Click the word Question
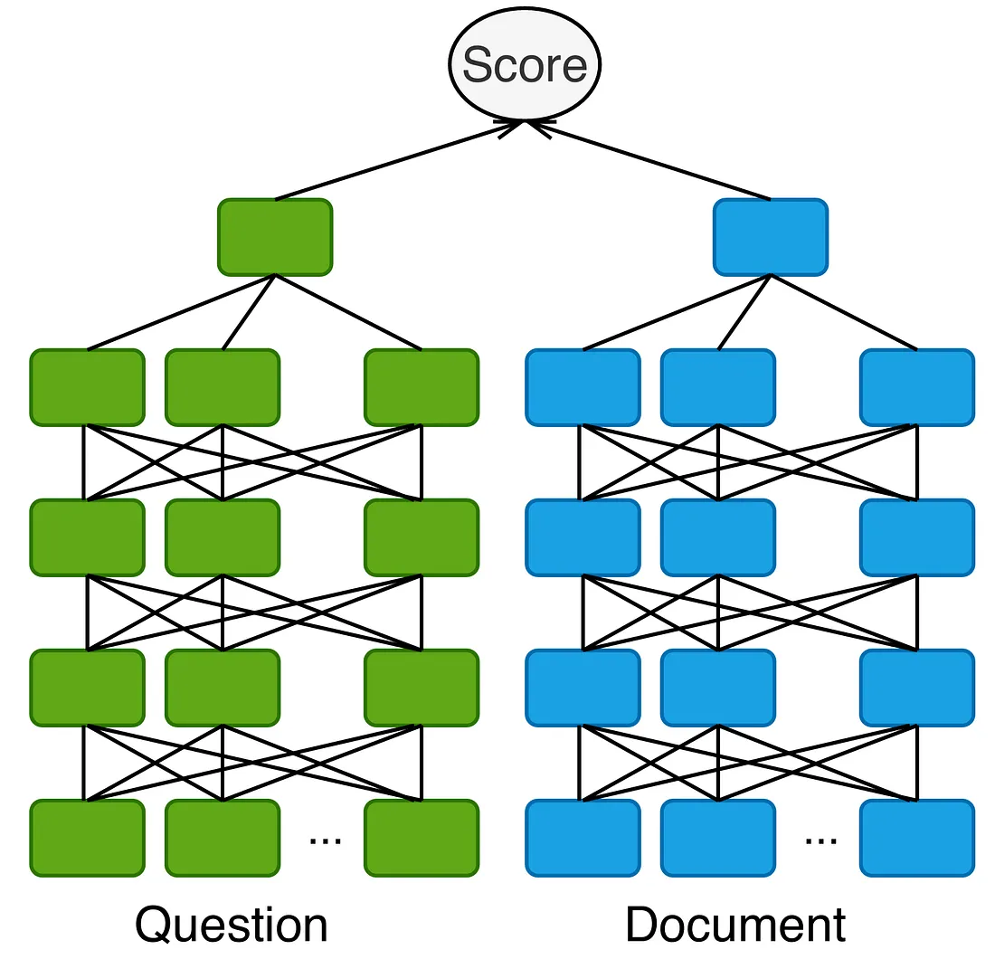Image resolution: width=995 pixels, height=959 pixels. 232,925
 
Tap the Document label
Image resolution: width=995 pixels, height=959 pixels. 735,925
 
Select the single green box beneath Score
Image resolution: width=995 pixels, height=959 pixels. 275,237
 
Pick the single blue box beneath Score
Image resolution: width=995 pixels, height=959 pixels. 771,237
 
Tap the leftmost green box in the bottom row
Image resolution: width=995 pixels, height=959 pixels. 87,838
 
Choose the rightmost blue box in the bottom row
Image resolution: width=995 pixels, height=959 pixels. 917,838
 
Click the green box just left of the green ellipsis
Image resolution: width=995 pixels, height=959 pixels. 223,838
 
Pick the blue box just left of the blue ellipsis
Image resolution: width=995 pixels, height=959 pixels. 718,838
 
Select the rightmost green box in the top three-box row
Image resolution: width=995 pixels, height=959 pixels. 422,387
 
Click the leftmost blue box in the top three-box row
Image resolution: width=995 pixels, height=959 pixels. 583,387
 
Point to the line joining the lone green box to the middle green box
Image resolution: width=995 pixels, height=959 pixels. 248,313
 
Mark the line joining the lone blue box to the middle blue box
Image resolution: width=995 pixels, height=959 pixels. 744,313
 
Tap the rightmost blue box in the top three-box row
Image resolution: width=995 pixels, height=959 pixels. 917,387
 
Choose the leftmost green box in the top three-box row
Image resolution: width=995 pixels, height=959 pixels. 87,387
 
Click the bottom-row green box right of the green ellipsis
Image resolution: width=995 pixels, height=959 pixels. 422,838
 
